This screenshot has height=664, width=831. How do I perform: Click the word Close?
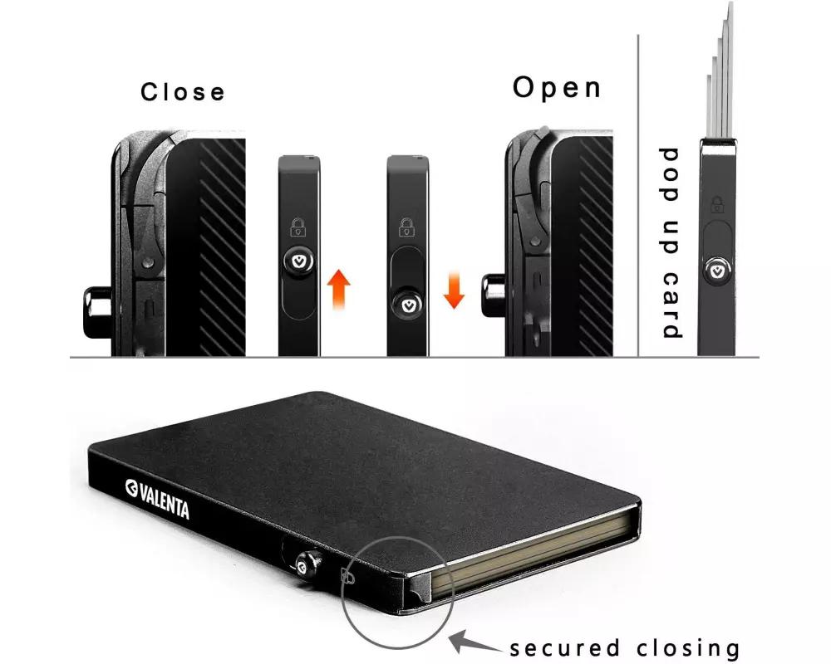pyautogui.click(x=183, y=92)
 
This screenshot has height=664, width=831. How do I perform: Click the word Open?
pyautogui.click(x=557, y=88)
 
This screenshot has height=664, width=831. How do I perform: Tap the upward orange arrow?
pyautogui.click(x=338, y=289)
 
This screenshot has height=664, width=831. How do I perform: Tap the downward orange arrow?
pyautogui.click(x=454, y=290)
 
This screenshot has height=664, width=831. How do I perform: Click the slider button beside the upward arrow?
pyautogui.click(x=299, y=261)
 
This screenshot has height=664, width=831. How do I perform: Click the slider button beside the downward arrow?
pyautogui.click(x=408, y=305)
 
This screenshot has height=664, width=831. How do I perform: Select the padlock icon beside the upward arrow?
pyautogui.click(x=298, y=227)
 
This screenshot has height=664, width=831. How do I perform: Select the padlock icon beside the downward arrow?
pyautogui.click(x=406, y=227)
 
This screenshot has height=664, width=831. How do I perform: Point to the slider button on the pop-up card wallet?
pyautogui.click(x=717, y=271)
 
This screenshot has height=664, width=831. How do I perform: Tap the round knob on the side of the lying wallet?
pyautogui.click(x=308, y=563)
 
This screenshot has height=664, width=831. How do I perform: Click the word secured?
pyautogui.click(x=564, y=648)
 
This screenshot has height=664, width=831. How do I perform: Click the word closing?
pyautogui.click(x=688, y=648)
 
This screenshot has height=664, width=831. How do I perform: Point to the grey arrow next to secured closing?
pyautogui.click(x=475, y=642)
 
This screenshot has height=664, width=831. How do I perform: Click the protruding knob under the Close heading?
pyautogui.click(x=97, y=312)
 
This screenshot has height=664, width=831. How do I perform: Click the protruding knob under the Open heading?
pyautogui.click(x=494, y=295)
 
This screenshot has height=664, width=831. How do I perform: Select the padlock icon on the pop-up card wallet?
pyautogui.click(x=716, y=204)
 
